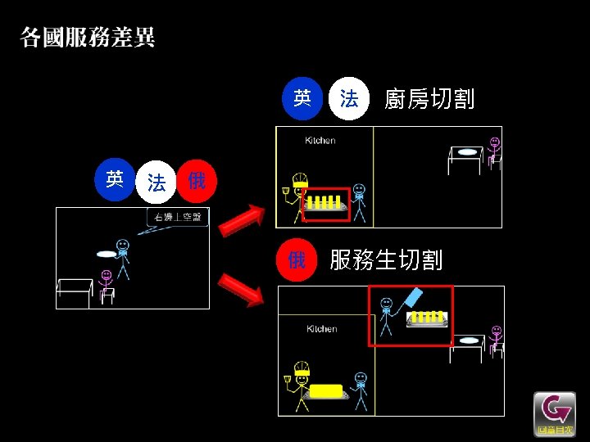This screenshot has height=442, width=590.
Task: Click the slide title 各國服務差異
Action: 88,38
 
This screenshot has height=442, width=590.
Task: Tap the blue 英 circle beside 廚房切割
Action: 302,99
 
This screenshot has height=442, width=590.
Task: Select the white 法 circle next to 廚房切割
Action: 348,100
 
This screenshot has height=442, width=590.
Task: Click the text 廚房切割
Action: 429,100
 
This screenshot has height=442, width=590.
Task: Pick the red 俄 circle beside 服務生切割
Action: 297,260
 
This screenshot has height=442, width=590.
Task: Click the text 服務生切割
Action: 386,260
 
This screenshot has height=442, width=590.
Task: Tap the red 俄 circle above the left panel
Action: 197,181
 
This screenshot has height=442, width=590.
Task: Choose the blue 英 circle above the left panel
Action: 115,179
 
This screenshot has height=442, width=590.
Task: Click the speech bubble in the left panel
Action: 179,218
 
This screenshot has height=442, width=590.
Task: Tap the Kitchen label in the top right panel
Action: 320,141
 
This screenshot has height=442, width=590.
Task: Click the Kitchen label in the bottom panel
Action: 322,329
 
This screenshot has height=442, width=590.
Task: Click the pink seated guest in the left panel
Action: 106,282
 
